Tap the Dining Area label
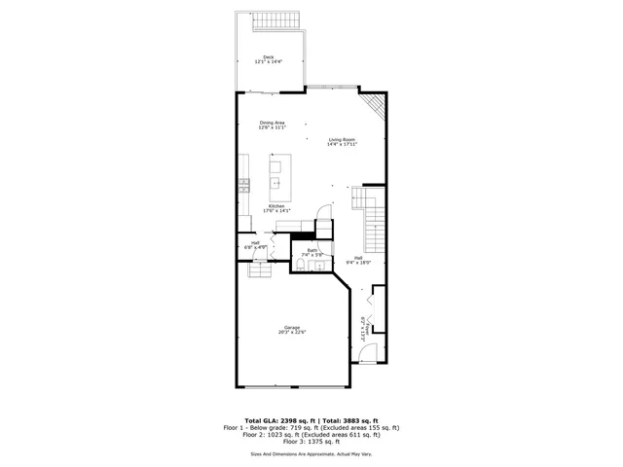272,123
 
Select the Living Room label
342,139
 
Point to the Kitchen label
276,206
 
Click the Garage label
291,327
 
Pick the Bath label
312,250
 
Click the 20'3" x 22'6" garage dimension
291,333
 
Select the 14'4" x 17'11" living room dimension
342,145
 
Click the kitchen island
275,174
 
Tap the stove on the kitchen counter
243,183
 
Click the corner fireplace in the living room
374,105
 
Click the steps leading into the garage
258,269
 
